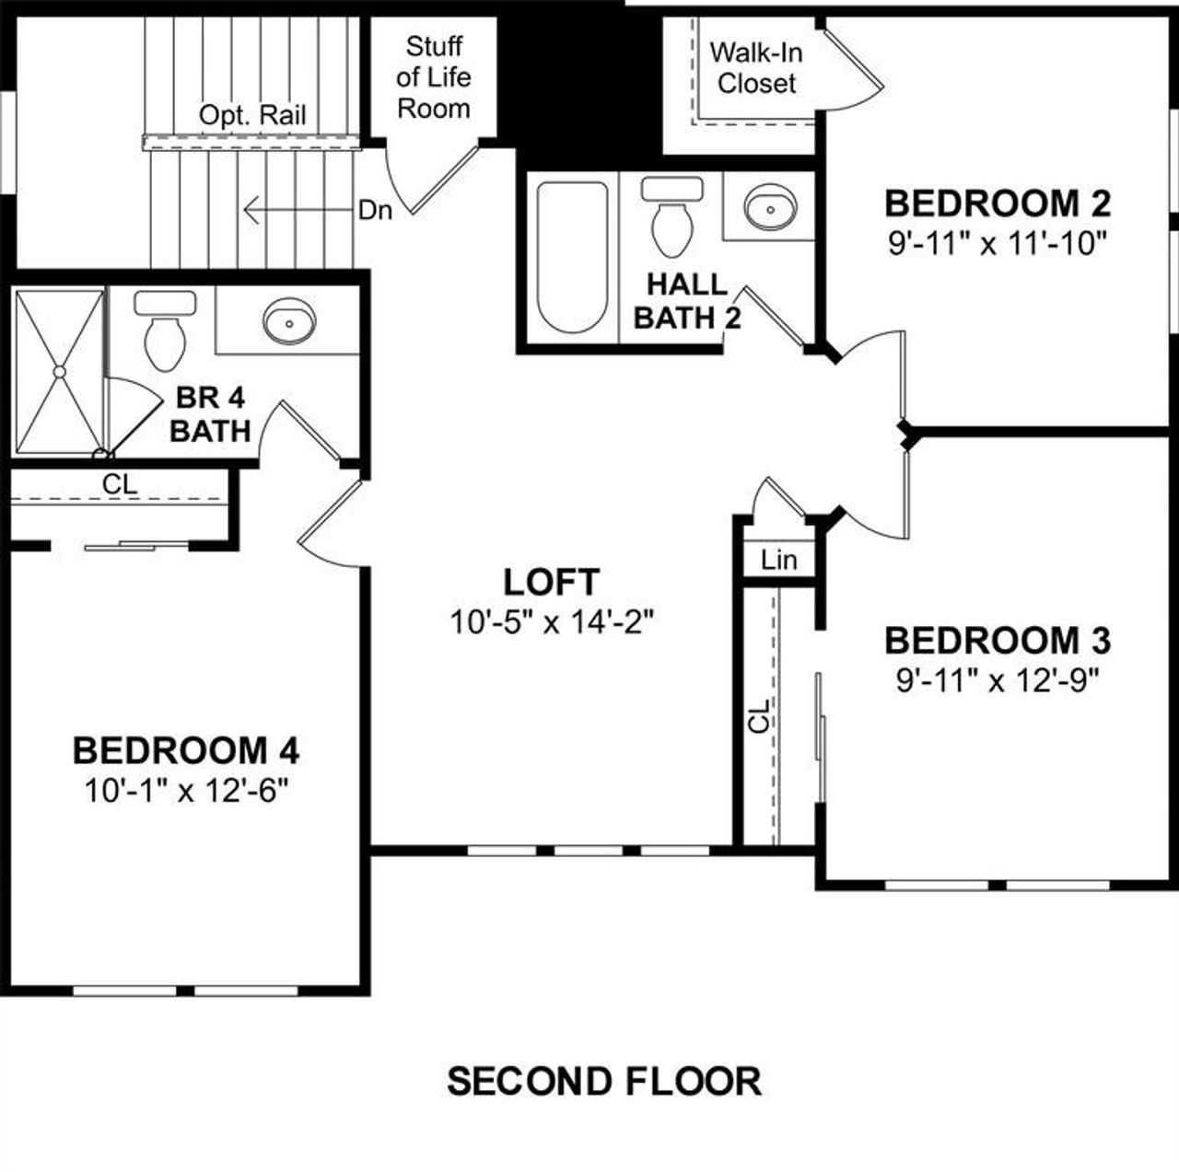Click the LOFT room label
click(x=551, y=582)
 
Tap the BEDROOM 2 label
click(x=997, y=203)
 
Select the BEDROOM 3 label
click(x=997, y=640)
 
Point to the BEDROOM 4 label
click(x=186, y=751)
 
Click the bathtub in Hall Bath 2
click(x=572, y=257)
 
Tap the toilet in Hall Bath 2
click(x=671, y=217)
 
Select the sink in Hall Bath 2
click(x=770, y=207)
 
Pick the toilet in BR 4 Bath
click(x=165, y=328)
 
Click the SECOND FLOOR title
click(x=604, y=1081)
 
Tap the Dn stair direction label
click(x=375, y=211)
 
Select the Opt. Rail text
click(x=252, y=116)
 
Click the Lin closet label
click(x=779, y=560)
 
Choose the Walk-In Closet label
click(x=756, y=68)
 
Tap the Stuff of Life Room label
click(x=434, y=77)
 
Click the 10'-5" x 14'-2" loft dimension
click(x=551, y=623)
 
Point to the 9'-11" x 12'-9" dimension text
click(x=997, y=681)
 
